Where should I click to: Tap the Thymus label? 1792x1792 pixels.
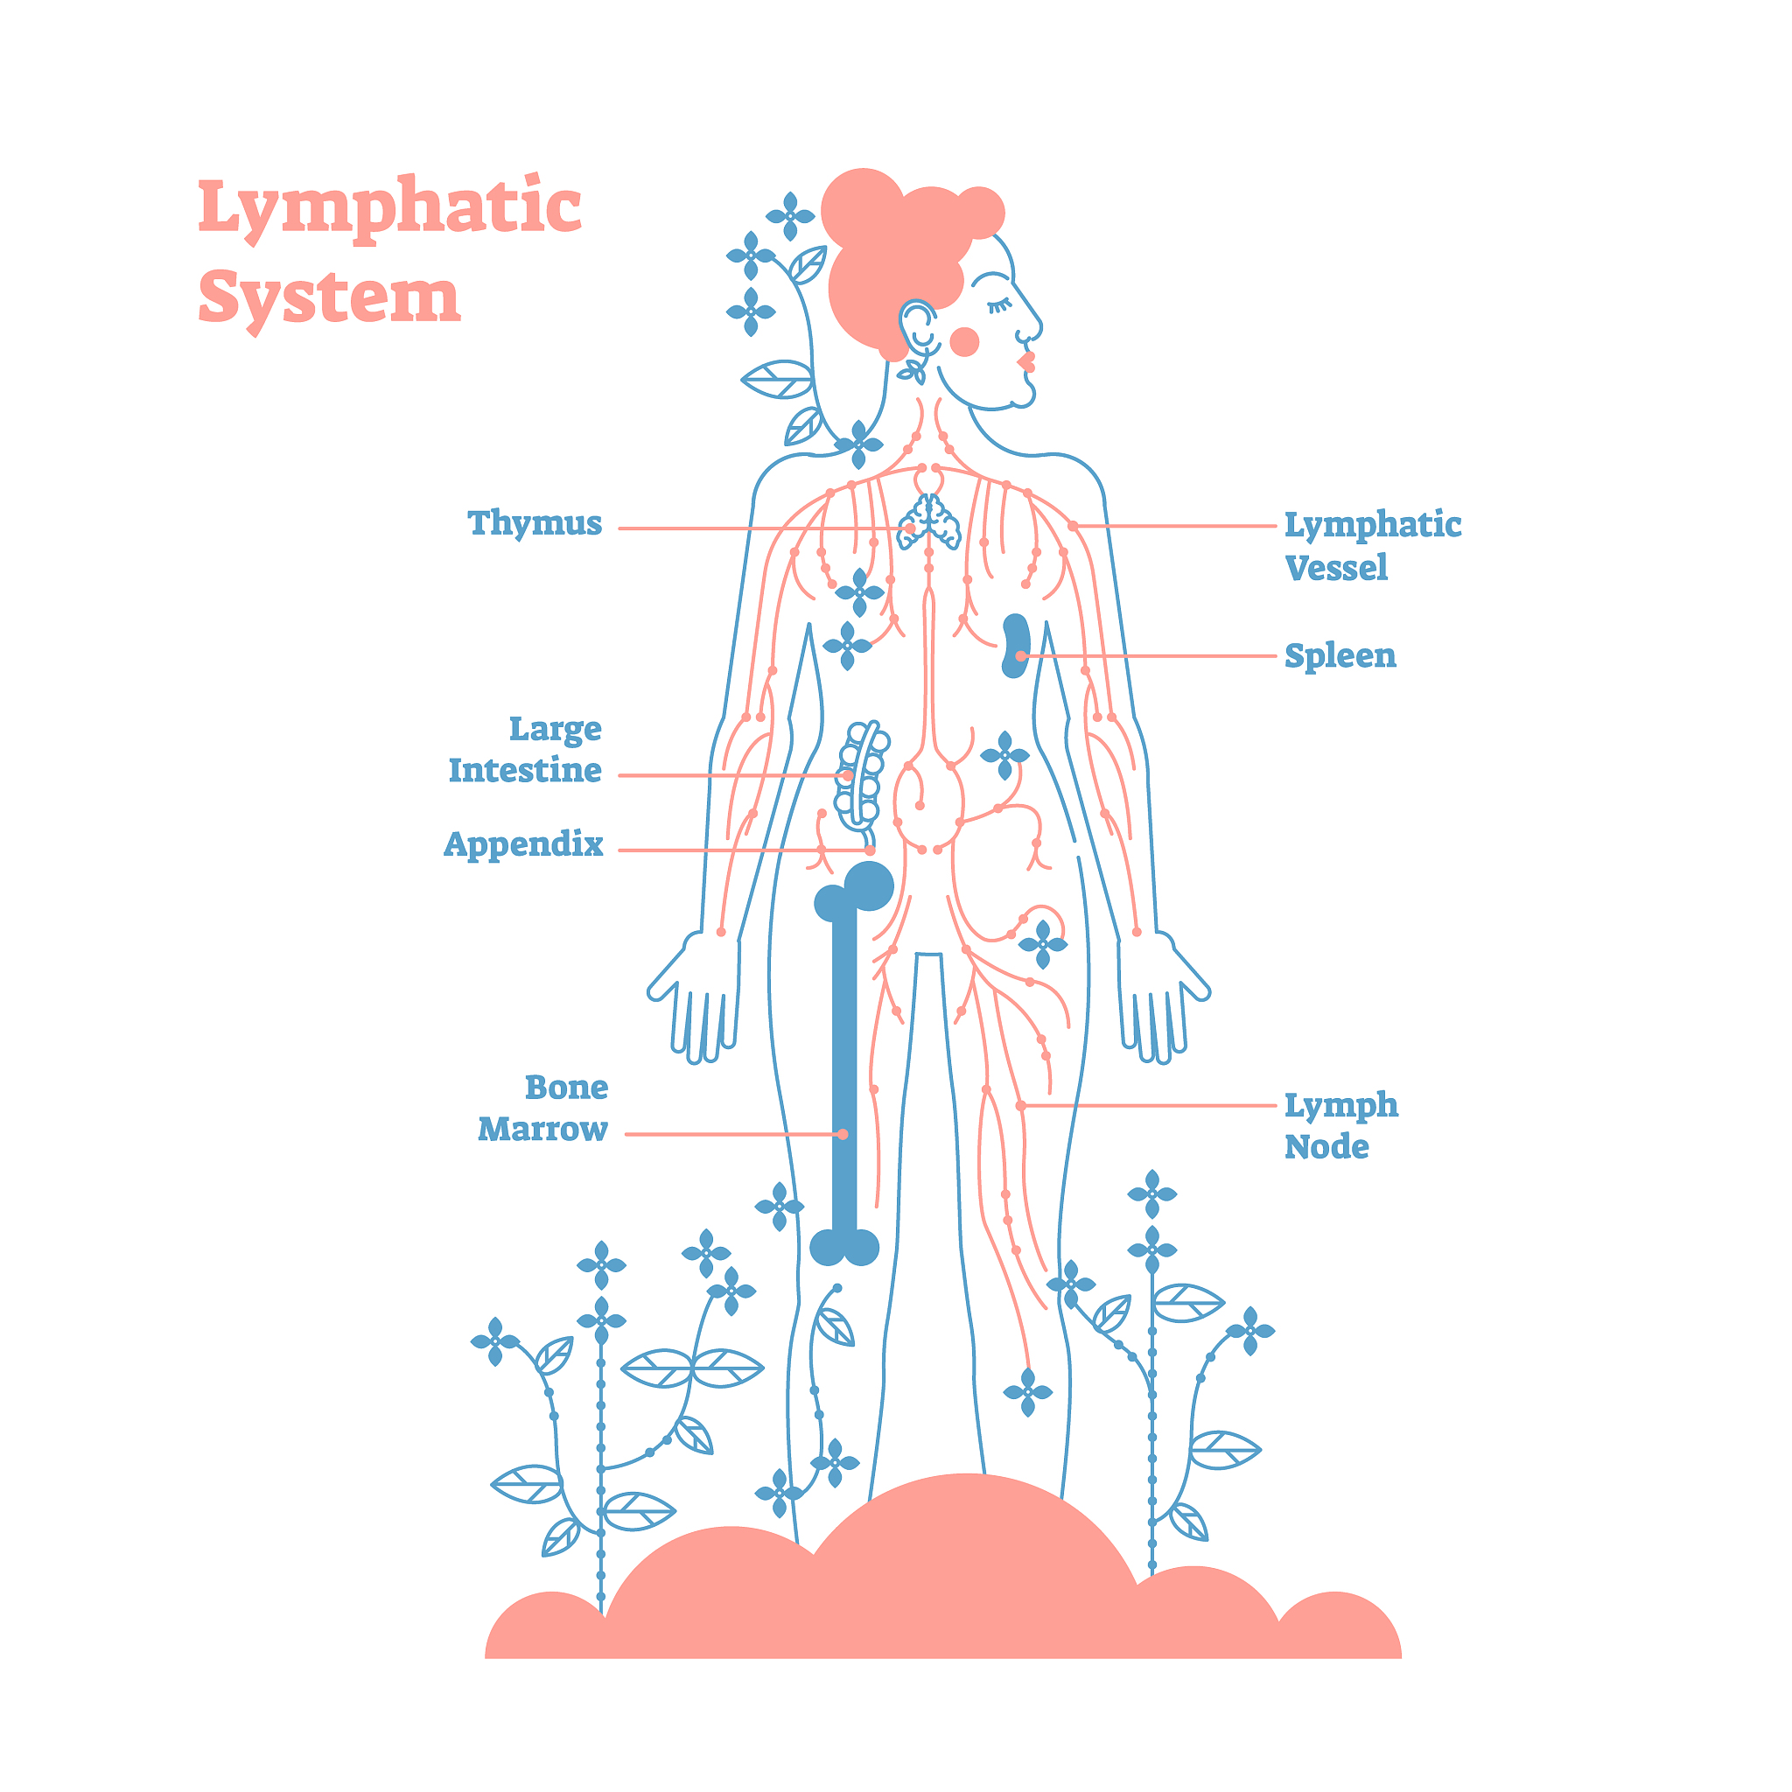click(x=535, y=524)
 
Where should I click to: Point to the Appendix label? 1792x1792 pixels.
click(x=523, y=845)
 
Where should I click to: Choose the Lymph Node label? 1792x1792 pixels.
click(x=1340, y=1125)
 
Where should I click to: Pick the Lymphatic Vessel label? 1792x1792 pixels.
click(x=1372, y=546)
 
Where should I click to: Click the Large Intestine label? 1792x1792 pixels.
click(x=526, y=750)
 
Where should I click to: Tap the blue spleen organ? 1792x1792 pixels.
click(x=1016, y=645)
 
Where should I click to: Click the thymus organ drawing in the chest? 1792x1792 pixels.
click(x=928, y=522)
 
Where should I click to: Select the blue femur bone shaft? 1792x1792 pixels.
click(x=844, y=1067)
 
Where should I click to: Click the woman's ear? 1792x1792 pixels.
click(x=918, y=325)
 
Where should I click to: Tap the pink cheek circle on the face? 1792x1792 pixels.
click(x=964, y=342)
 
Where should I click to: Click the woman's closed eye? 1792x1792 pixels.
click(x=998, y=305)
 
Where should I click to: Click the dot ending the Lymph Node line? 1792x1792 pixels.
click(x=1020, y=1106)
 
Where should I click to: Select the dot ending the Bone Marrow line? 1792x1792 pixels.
click(x=843, y=1134)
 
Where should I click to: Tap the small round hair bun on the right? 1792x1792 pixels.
click(x=979, y=213)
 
